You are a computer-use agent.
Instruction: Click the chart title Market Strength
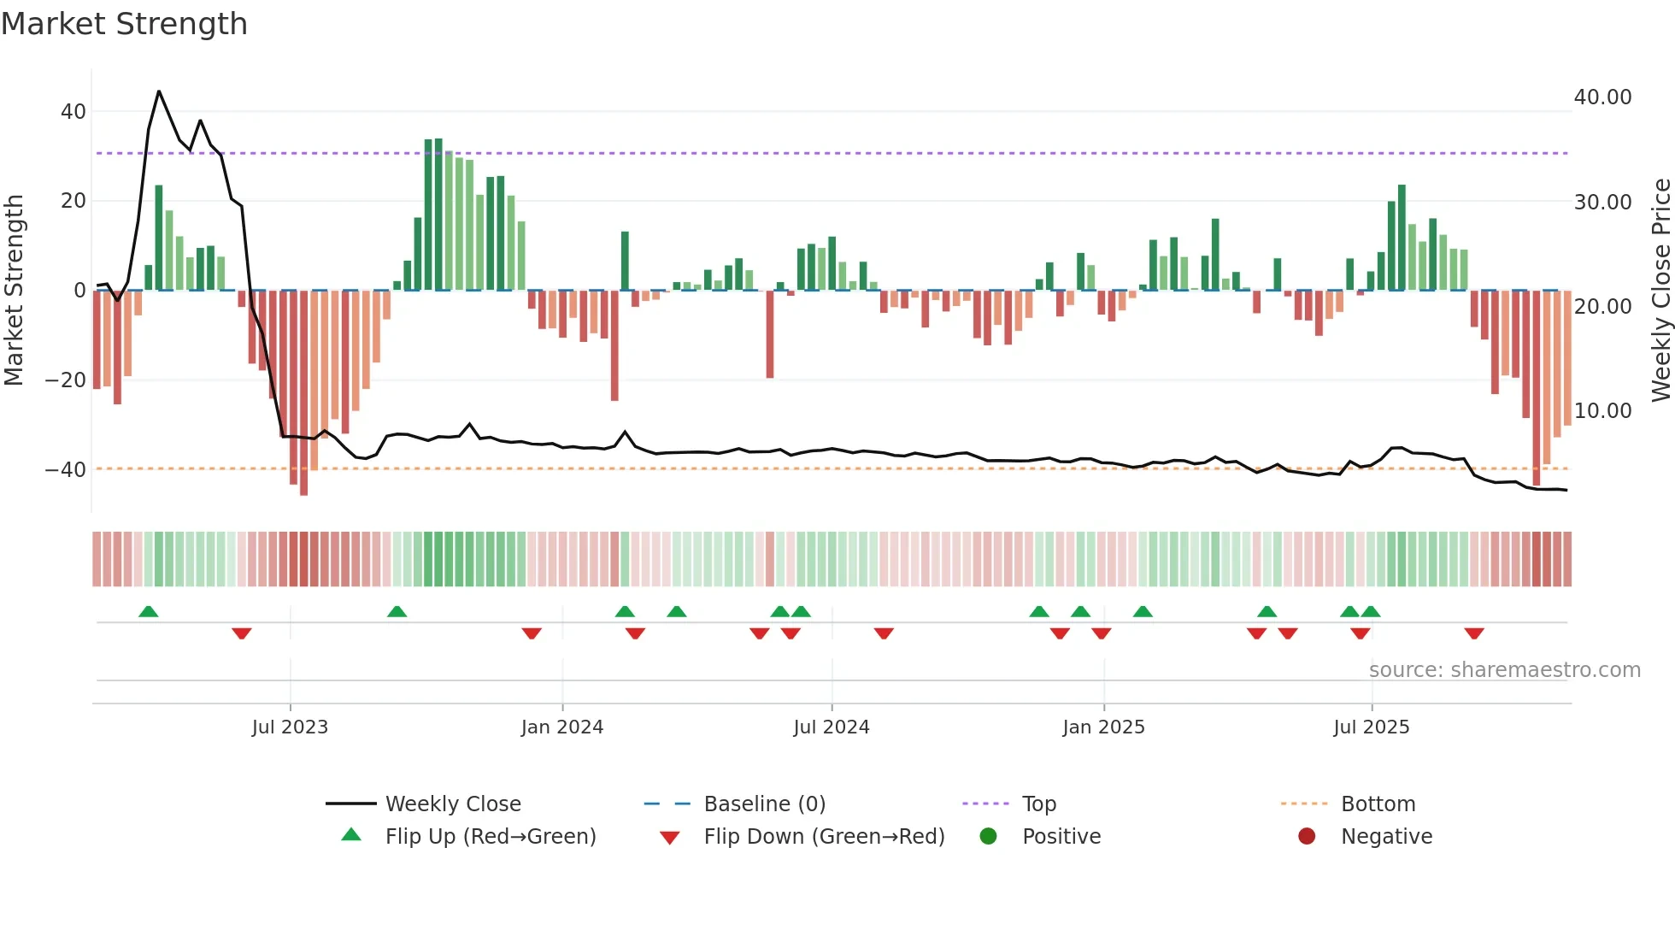coord(124,24)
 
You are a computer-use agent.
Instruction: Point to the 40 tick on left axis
coord(73,112)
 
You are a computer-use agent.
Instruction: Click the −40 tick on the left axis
coord(66,469)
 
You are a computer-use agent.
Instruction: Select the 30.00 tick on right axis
coord(1602,203)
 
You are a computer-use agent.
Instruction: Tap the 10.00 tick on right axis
coord(1602,411)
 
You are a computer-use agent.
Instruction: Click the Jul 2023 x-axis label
coord(290,727)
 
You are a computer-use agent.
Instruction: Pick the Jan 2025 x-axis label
coord(1103,727)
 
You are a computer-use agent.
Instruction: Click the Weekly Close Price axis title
coord(1660,290)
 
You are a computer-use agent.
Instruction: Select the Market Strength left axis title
coord(14,290)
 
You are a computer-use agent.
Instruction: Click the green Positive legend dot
coord(988,837)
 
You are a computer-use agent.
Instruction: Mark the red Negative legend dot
coord(1307,837)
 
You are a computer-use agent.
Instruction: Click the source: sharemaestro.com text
coord(1504,670)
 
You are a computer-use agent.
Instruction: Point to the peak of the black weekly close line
coord(159,91)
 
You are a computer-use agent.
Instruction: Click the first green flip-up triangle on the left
coord(149,611)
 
